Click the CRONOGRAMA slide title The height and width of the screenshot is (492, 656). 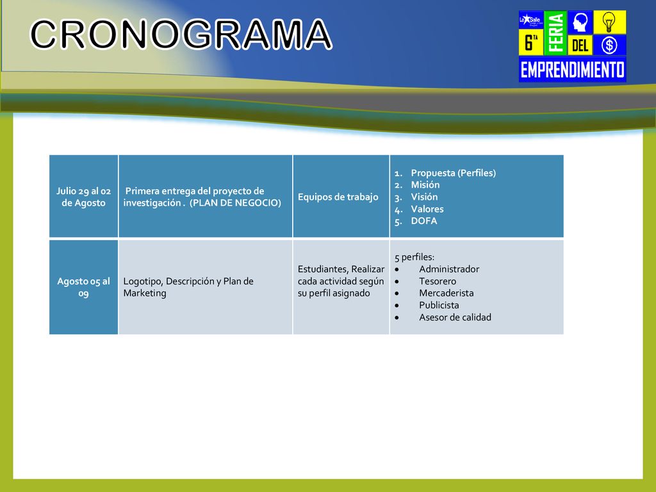(x=181, y=35)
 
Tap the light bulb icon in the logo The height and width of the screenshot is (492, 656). (x=609, y=22)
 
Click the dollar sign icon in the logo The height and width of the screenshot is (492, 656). (x=609, y=45)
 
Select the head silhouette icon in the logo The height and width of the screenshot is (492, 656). (x=580, y=22)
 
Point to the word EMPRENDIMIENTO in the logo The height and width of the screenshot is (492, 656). (x=572, y=69)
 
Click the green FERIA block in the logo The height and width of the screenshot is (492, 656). (x=555, y=33)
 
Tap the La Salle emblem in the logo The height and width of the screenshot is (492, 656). (x=531, y=20)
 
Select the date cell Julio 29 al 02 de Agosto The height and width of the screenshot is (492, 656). (x=84, y=197)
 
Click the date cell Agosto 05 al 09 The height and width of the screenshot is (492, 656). (x=84, y=287)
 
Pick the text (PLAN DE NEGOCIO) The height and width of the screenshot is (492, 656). (x=235, y=203)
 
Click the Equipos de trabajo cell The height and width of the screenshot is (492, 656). (x=338, y=197)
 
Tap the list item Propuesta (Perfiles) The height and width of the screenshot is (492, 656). (x=453, y=173)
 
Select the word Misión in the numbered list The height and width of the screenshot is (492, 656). (x=425, y=184)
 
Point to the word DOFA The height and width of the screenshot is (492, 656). (x=424, y=221)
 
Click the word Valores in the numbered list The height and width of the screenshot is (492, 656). (x=427, y=209)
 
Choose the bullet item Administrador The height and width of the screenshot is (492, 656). (x=449, y=269)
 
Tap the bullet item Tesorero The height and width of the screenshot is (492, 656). (x=438, y=281)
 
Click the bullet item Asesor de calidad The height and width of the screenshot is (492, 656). (x=455, y=317)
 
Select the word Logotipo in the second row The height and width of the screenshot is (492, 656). (x=143, y=281)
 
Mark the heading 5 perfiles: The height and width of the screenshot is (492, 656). (x=414, y=257)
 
